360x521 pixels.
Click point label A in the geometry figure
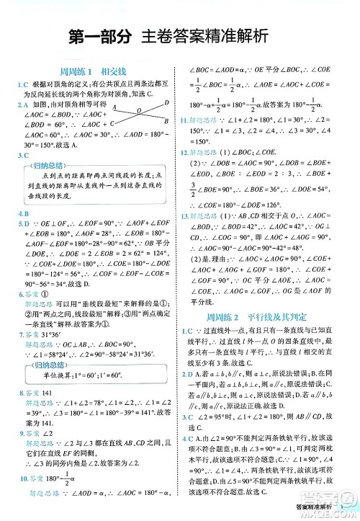pyautogui.click(x=114, y=107)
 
